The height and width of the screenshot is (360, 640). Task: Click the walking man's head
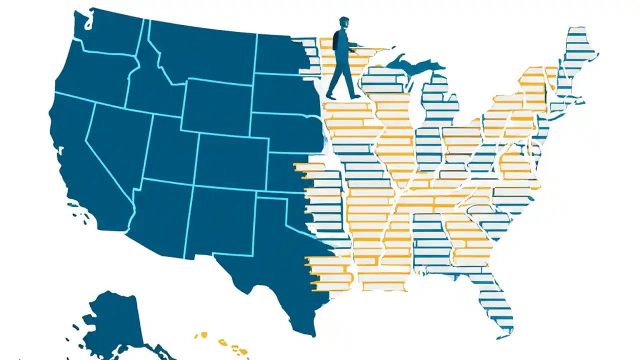[343, 24]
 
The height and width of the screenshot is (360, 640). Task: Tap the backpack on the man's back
[336, 40]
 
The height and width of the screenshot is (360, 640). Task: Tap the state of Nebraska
[285, 132]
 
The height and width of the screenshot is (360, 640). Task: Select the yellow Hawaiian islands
[227, 344]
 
